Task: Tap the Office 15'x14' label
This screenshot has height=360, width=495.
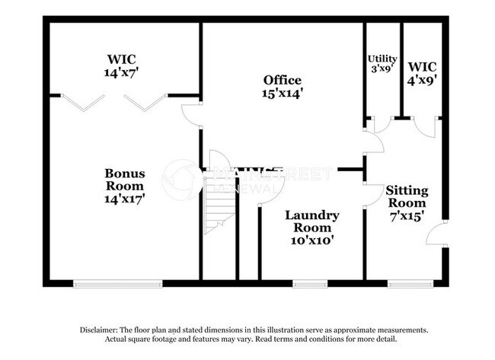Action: point(283,87)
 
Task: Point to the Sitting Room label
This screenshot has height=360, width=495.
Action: point(407,202)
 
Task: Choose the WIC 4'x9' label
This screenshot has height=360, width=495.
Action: point(420,70)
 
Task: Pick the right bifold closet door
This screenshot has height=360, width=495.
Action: point(145,100)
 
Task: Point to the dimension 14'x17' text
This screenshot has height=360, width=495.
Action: point(124,198)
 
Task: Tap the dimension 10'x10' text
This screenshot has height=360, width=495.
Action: point(312,240)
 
